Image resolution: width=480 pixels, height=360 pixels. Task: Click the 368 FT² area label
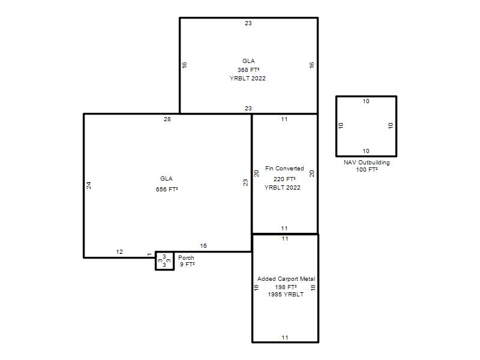pyautogui.click(x=248, y=70)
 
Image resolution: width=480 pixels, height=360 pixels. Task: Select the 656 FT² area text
pyautogui.click(x=167, y=189)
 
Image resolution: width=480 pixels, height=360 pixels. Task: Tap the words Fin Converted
pyautogui.click(x=284, y=169)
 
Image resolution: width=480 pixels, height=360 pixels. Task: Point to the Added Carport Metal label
pyautogui.click(x=286, y=279)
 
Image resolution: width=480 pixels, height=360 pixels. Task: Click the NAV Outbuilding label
pyautogui.click(x=367, y=163)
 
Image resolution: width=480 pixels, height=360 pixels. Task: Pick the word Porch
pyautogui.click(x=186, y=258)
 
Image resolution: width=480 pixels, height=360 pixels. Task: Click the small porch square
pyautogui.click(x=164, y=261)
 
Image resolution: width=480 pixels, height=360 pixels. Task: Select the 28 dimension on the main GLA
pyautogui.click(x=167, y=119)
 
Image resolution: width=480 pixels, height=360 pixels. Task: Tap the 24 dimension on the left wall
pyautogui.click(x=89, y=185)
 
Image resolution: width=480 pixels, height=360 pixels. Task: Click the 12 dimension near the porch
pyautogui.click(x=119, y=251)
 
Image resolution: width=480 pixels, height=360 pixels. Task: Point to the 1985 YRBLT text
pyautogui.click(x=286, y=294)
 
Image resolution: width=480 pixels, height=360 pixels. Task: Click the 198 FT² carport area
pyautogui.click(x=286, y=287)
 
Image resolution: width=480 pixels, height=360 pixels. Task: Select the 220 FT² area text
pyautogui.click(x=284, y=179)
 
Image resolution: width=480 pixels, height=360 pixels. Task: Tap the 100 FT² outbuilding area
pyautogui.click(x=367, y=170)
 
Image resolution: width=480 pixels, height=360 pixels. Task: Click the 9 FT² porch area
pyautogui.click(x=187, y=264)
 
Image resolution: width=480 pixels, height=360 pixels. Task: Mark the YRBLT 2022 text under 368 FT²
pyautogui.click(x=248, y=79)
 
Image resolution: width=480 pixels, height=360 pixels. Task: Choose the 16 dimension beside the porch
pyautogui.click(x=203, y=245)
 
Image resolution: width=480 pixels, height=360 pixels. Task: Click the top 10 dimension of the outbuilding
pyautogui.click(x=366, y=101)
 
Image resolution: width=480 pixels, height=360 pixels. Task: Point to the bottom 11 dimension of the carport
pyautogui.click(x=285, y=338)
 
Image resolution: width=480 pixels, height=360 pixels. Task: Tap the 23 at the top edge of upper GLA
pyautogui.click(x=248, y=23)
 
